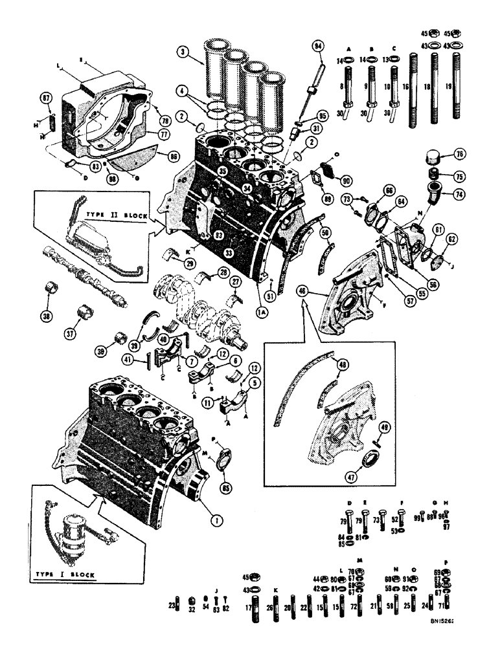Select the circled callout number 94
[x=318, y=46]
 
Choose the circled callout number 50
[x=325, y=231]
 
